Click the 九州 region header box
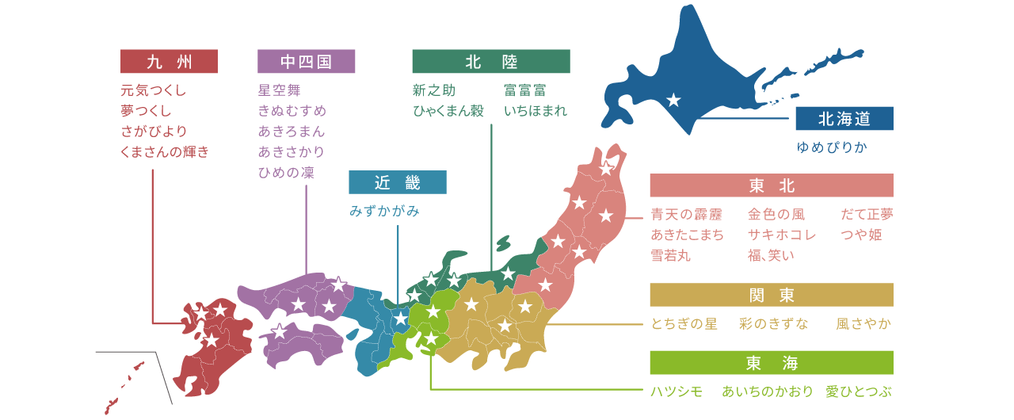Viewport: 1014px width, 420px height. pyautogui.click(x=169, y=61)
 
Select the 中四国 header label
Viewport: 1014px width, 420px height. pyautogui.click(x=306, y=61)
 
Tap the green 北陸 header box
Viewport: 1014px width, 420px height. pyautogui.click(x=490, y=61)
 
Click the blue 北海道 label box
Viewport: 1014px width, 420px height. pyautogui.click(x=844, y=119)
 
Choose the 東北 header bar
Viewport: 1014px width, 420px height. pyautogui.click(x=771, y=185)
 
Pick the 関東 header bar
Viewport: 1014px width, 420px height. pyautogui.click(x=771, y=295)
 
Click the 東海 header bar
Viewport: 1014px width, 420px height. pyautogui.click(x=771, y=363)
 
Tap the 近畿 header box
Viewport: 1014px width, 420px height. pyautogui.click(x=397, y=182)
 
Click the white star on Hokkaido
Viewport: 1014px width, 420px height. pyautogui.click(x=673, y=100)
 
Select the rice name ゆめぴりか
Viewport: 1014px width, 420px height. pyautogui.click(x=832, y=147)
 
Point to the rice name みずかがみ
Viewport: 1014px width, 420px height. pyautogui.click(x=384, y=211)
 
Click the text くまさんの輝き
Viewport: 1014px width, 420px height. pyautogui.click(x=165, y=151)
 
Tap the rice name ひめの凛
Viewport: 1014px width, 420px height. pyautogui.click(x=286, y=172)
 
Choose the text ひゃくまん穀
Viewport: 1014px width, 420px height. pyautogui.click(x=448, y=110)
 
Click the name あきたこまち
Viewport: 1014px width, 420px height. pyautogui.click(x=687, y=235)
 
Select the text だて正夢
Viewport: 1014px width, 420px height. pyautogui.click(x=867, y=214)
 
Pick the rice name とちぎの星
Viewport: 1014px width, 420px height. pyautogui.click(x=684, y=323)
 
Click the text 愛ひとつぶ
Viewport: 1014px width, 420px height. pyautogui.click(x=858, y=391)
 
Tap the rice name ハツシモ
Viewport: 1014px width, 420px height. pyautogui.click(x=677, y=391)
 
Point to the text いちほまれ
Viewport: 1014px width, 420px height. pyautogui.click(x=535, y=110)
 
